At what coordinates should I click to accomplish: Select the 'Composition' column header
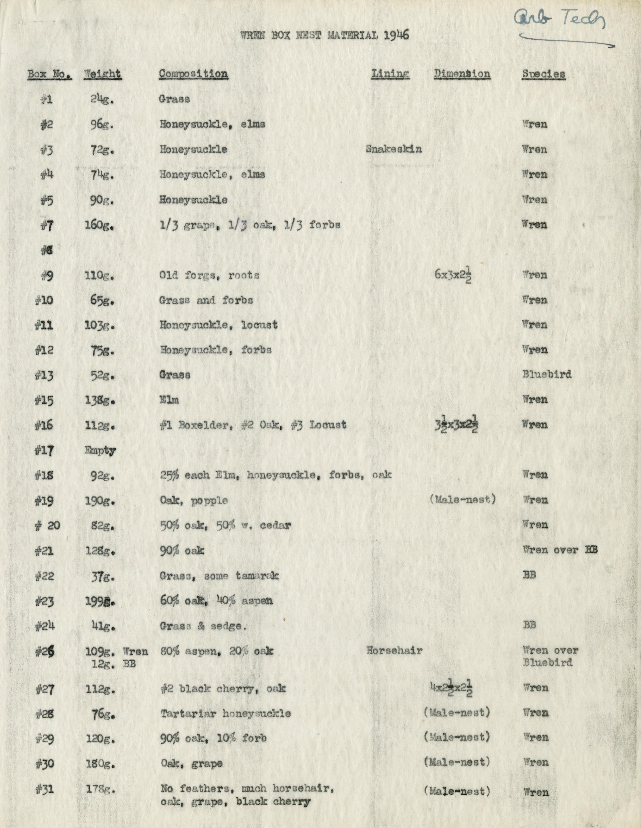coord(193,74)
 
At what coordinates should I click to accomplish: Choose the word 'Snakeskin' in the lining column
coord(394,149)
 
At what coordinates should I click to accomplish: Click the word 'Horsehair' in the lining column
coord(394,651)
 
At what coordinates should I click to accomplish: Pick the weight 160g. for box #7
coord(99,225)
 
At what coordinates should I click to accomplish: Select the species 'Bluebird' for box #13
coord(547,374)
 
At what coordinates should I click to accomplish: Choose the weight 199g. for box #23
coord(99,601)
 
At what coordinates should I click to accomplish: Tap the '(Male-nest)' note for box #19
coord(462,499)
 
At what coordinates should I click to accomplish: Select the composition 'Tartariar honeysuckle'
coord(226,714)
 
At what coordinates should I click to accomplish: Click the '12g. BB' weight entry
coord(114,663)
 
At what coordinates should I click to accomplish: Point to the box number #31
coord(45,789)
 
